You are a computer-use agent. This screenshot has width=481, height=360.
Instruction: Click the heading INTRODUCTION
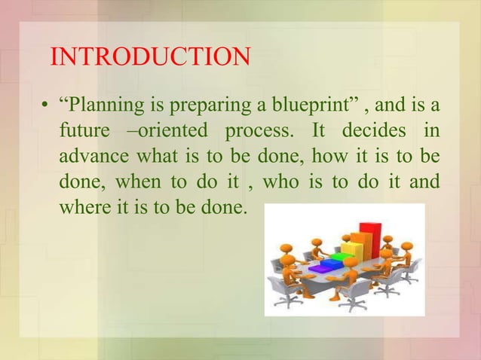149,56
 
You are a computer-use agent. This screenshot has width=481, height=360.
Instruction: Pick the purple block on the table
320,267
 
